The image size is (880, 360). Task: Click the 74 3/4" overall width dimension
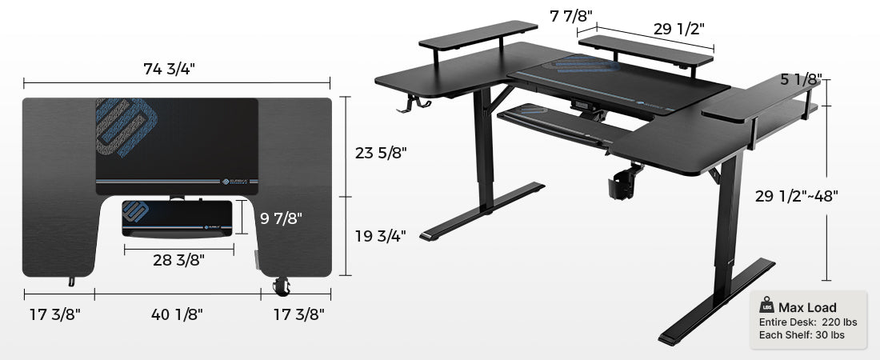point(169,69)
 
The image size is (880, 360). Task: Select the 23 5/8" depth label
point(381,153)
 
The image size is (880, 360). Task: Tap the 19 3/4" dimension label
point(381,236)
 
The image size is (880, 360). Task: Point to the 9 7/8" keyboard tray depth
point(281,218)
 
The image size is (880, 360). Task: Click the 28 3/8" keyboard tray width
point(178,260)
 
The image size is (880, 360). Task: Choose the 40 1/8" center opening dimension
point(177,314)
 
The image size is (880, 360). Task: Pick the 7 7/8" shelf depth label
point(571,17)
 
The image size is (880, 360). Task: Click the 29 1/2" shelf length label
point(679,29)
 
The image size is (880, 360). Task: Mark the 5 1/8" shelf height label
point(801,79)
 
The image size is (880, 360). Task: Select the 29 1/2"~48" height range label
point(796,196)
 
